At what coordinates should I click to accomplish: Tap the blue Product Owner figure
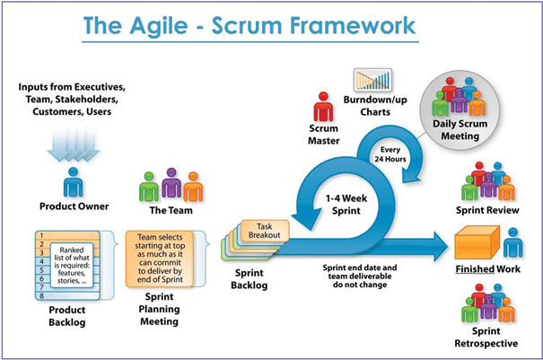pyautogui.click(x=74, y=185)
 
